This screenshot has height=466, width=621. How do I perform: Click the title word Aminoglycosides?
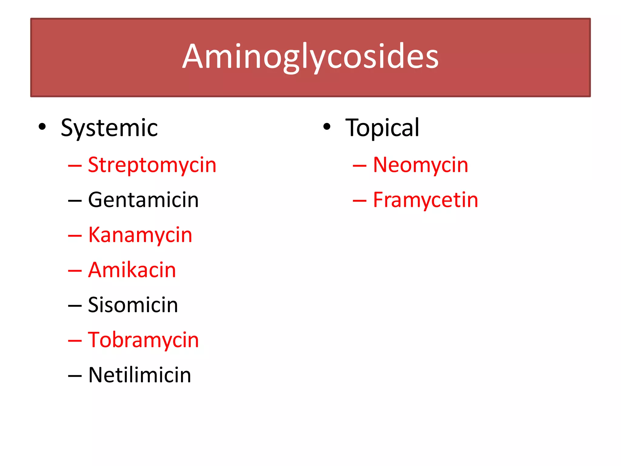point(310,57)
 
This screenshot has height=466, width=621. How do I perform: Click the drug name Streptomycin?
point(152,165)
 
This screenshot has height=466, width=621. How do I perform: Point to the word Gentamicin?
point(143,200)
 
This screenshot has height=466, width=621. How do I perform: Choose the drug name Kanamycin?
point(140,235)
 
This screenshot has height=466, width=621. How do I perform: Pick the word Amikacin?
point(132,270)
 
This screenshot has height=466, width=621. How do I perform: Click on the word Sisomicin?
point(133,305)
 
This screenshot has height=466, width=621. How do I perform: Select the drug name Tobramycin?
point(143,340)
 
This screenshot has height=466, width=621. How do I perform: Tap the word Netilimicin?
point(139,375)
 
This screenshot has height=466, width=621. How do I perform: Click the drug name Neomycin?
point(421,165)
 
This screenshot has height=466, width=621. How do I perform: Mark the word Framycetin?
point(425,200)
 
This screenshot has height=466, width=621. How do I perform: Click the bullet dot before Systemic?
point(42,127)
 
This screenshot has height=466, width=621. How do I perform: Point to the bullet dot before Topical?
point(327,127)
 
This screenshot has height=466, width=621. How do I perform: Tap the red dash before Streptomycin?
point(75,166)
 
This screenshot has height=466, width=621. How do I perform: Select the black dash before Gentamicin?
point(75,201)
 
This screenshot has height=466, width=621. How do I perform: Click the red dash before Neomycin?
point(360,166)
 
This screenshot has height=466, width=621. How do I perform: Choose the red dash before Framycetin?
point(360,201)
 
